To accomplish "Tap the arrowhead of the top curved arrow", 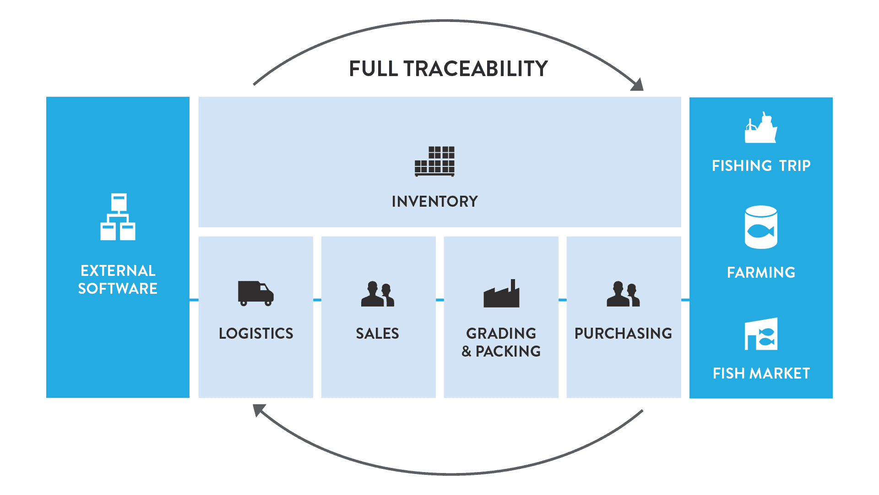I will pyautogui.click(x=637, y=84).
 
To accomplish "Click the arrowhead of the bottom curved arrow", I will pyautogui.click(x=259, y=410).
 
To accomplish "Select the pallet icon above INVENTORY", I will pyautogui.click(x=434, y=161).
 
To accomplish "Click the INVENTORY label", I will pyautogui.click(x=434, y=201).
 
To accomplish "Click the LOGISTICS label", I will pyautogui.click(x=256, y=333).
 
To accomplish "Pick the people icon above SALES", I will pyautogui.click(x=378, y=294).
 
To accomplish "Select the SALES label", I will pyautogui.click(x=378, y=333).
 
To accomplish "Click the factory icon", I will pyautogui.click(x=501, y=294).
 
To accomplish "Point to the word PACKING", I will pyautogui.click(x=508, y=351).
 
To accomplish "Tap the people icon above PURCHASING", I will pyautogui.click(x=623, y=294).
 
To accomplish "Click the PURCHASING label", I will pyautogui.click(x=623, y=333).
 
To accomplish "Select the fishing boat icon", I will pyautogui.click(x=760, y=128).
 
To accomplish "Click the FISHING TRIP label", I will pyautogui.click(x=761, y=165).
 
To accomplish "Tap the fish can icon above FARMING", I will pyautogui.click(x=761, y=227).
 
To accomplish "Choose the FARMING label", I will pyautogui.click(x=761, y=272).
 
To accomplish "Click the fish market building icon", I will pyautogui.click(x=761, y=334).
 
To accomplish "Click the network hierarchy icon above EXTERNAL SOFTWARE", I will pyautogui.click(x=118, y=217).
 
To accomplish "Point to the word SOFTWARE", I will pyautogui.click(x=118, y=288).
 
